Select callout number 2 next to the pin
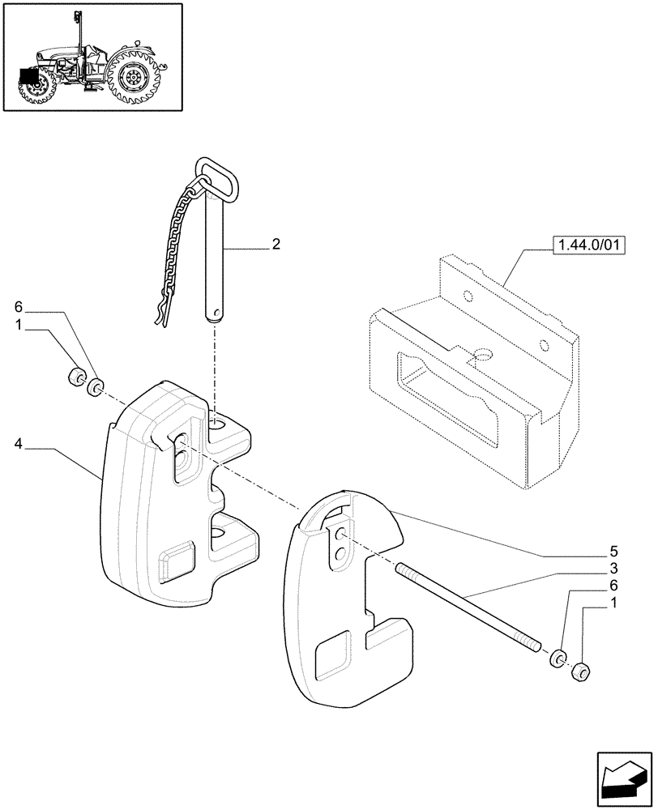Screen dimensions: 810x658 (276, 243)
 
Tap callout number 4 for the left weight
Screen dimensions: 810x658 (18, 443)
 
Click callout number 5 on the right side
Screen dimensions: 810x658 (614, 553)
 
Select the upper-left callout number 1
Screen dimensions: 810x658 (18, 324)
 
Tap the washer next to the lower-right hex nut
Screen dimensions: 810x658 (558, 659)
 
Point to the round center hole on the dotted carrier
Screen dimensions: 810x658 (484, 355)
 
